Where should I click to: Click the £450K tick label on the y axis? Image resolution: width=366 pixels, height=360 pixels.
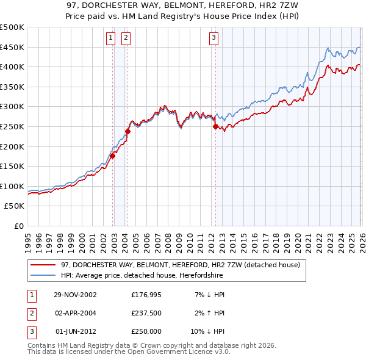point(12,47)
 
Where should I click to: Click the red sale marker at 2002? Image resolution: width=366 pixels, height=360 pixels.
point(113,156)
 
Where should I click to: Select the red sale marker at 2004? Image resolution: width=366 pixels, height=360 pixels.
point(127,131)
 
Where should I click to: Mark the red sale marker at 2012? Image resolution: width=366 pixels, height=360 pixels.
point(215,126)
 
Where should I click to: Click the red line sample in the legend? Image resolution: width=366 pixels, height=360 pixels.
point(43,265)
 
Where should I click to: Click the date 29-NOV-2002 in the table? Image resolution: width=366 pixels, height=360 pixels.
point(75,295)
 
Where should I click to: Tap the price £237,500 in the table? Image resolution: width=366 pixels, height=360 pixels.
point(146,313)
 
